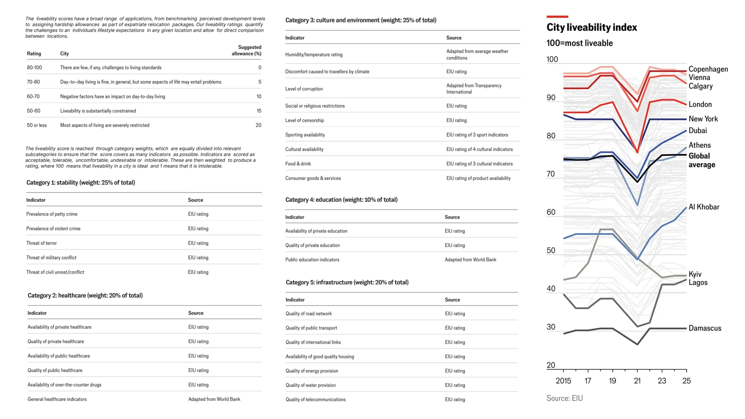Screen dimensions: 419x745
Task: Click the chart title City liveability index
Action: pyautogui.click(x=591, y=28)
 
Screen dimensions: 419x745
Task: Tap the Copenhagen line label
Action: pyautogui.click(x=708, y=69)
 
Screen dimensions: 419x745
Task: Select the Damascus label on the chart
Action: pyautogui.click(x=705, y=328)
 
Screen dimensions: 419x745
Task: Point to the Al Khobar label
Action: pyautogui.click(x=704, y=207)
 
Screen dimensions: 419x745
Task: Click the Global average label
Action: pyautogui.click(x=701, y=160)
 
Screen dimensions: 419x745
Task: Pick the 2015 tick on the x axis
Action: pyautogui.click(x=563, y=380)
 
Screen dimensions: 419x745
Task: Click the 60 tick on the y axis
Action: pyautogui.click(x=551, y=212)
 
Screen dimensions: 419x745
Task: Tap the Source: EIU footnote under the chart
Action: pyautogui.click(x=564, y=398)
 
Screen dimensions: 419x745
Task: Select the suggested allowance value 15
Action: pyautogui.click(x=259, y=111)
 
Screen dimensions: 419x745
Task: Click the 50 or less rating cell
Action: pyautogui.click(x=37, y=125)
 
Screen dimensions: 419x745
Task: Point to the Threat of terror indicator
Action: pyautogui.click(x=41, y=243)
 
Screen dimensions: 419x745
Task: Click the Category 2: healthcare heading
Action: pyautogui.click(x=85, y=295)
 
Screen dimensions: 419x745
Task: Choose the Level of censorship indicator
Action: pyautogui.click(x=304, y=120)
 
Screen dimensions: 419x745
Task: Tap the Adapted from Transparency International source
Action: pyautogui.click(x=474, y=89)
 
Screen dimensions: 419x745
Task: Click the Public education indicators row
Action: pyautogui.click(x=312, y=260)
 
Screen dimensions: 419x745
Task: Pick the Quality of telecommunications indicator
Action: pyautogui.click(x=315, y=399)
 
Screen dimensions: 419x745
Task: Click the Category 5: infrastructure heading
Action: pyautogui.click(x=347, y=282)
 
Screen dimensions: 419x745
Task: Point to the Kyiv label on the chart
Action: pyautogui.click(x=695, y=274)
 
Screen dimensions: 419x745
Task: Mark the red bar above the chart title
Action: pyautogui.click(x=557, y=17)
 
